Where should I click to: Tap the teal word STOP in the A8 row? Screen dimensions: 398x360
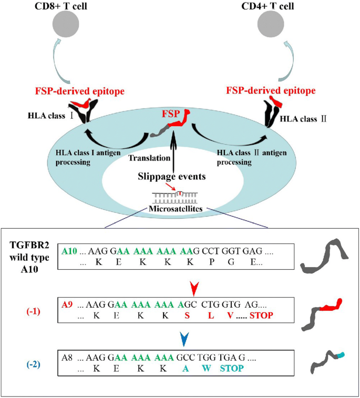pyautogui.click(x=232, y=368)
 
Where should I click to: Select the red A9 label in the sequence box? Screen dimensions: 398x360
pyautogui.click(x=67, y=304)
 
